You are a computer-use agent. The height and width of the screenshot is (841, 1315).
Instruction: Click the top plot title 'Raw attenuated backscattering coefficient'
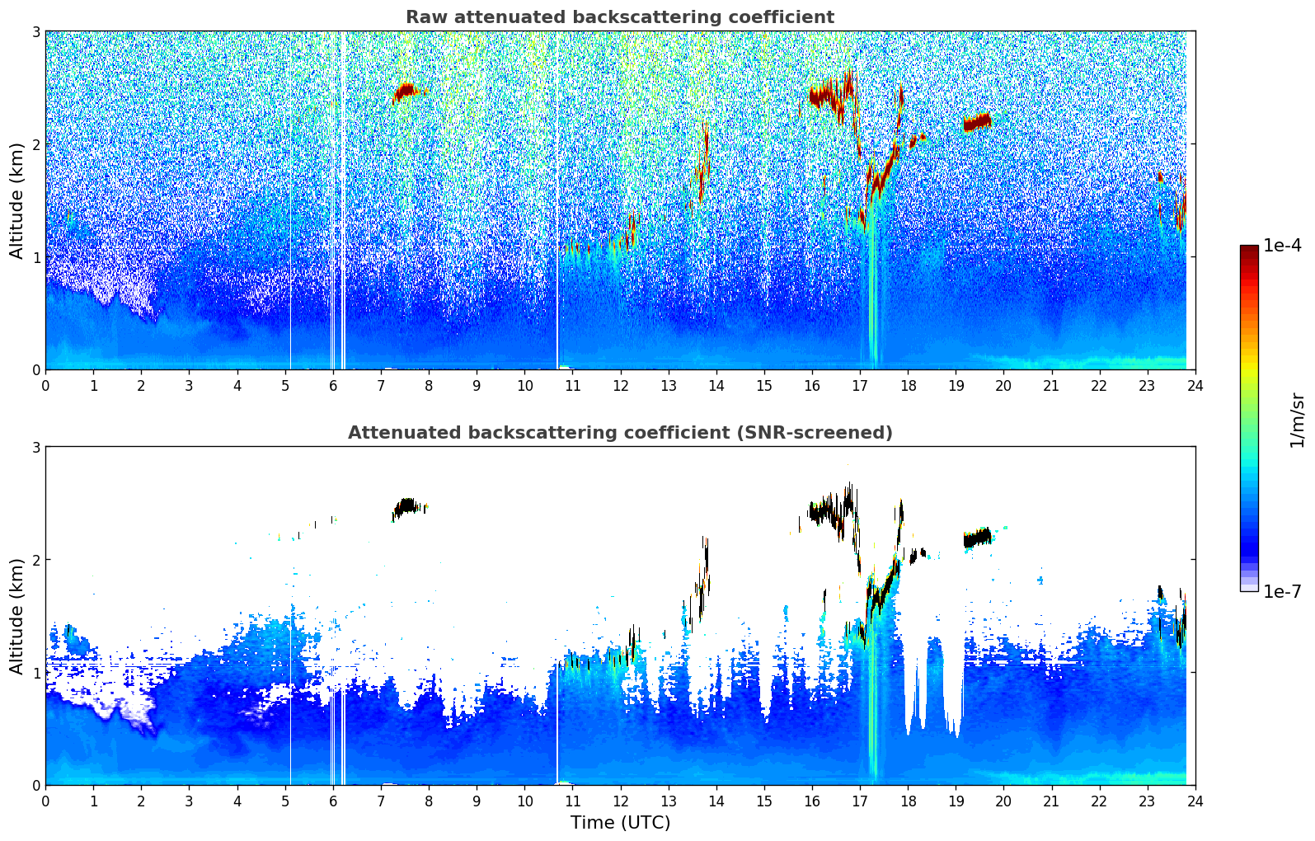tap(620, 17)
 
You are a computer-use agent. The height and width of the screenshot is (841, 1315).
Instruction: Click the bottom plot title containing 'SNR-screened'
tap(620, 433)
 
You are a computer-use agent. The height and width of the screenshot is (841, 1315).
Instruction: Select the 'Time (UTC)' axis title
tap(620, 822)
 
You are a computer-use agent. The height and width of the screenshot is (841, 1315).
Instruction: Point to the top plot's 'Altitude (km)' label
tap(16, 200)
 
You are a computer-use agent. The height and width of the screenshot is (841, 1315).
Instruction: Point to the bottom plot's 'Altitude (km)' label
tap(16, 616)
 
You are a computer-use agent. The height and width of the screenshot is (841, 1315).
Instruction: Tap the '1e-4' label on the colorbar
tap(1282, 246)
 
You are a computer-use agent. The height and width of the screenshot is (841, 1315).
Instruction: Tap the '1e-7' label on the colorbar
tap(1282, 591)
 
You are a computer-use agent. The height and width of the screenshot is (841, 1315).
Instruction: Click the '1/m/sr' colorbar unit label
tap(1297, 420)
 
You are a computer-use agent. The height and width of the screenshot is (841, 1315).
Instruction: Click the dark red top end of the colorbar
tap(1249, 249)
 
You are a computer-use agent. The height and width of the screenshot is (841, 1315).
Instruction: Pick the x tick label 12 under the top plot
tap(620, 385)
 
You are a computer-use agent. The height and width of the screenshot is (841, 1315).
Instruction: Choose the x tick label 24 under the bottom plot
tap(1195, 801)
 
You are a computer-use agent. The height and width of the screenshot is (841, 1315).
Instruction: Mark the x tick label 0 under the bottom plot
tap(45, 801)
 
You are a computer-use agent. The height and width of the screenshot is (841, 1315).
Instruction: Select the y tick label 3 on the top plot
tap(36, 31)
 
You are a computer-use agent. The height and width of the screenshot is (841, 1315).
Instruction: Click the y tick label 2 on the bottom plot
tap(36, 560)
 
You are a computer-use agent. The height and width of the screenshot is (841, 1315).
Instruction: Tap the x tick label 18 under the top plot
tap(908, 385)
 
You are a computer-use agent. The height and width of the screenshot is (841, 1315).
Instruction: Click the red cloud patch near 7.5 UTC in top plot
tap(406, 90)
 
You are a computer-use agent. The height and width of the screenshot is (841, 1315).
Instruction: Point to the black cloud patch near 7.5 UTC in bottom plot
tap(406, 506)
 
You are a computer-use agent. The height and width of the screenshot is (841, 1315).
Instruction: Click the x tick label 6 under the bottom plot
tap(333, 801)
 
